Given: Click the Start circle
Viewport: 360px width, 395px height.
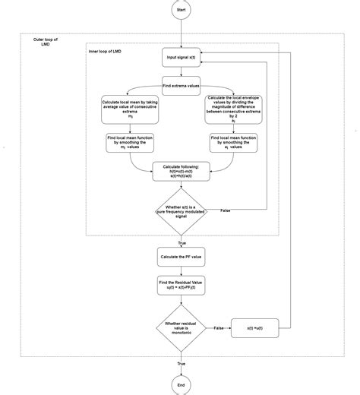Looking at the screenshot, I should tap(181, 10).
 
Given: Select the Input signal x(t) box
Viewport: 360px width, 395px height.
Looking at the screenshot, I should tap(181, 58).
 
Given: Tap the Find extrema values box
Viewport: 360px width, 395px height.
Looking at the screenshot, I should tap(181, 87).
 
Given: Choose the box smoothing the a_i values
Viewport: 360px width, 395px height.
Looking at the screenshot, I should tap(233, 142).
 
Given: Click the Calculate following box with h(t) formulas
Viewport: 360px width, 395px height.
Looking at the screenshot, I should tap(181, 172).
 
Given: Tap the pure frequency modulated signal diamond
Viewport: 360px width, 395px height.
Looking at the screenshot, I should tap(181, 210).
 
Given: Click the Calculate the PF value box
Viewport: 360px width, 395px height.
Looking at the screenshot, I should tap(181, 257).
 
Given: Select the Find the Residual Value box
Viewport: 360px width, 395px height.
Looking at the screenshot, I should tap(181, 286).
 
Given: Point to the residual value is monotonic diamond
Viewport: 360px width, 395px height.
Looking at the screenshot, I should tap(181, 327).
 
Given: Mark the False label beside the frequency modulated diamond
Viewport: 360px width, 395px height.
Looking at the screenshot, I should tap(226, 209).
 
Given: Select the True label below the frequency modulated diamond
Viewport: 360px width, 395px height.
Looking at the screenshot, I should tap(181, 242).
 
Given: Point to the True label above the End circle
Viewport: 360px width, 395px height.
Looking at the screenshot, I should tap(181, 364).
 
